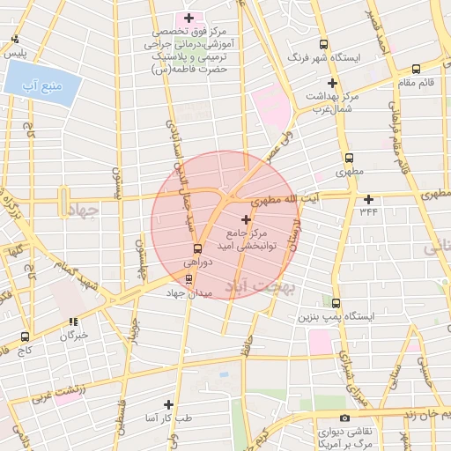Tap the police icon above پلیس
point(15,39)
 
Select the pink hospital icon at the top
point(187,18)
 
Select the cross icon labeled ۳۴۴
point(368,198)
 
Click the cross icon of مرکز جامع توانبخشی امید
point(245,218)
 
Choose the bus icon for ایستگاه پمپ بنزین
point(335,301)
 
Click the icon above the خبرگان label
point(74,322)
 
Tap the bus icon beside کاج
point(25,336)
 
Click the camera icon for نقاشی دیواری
point(344,418)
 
